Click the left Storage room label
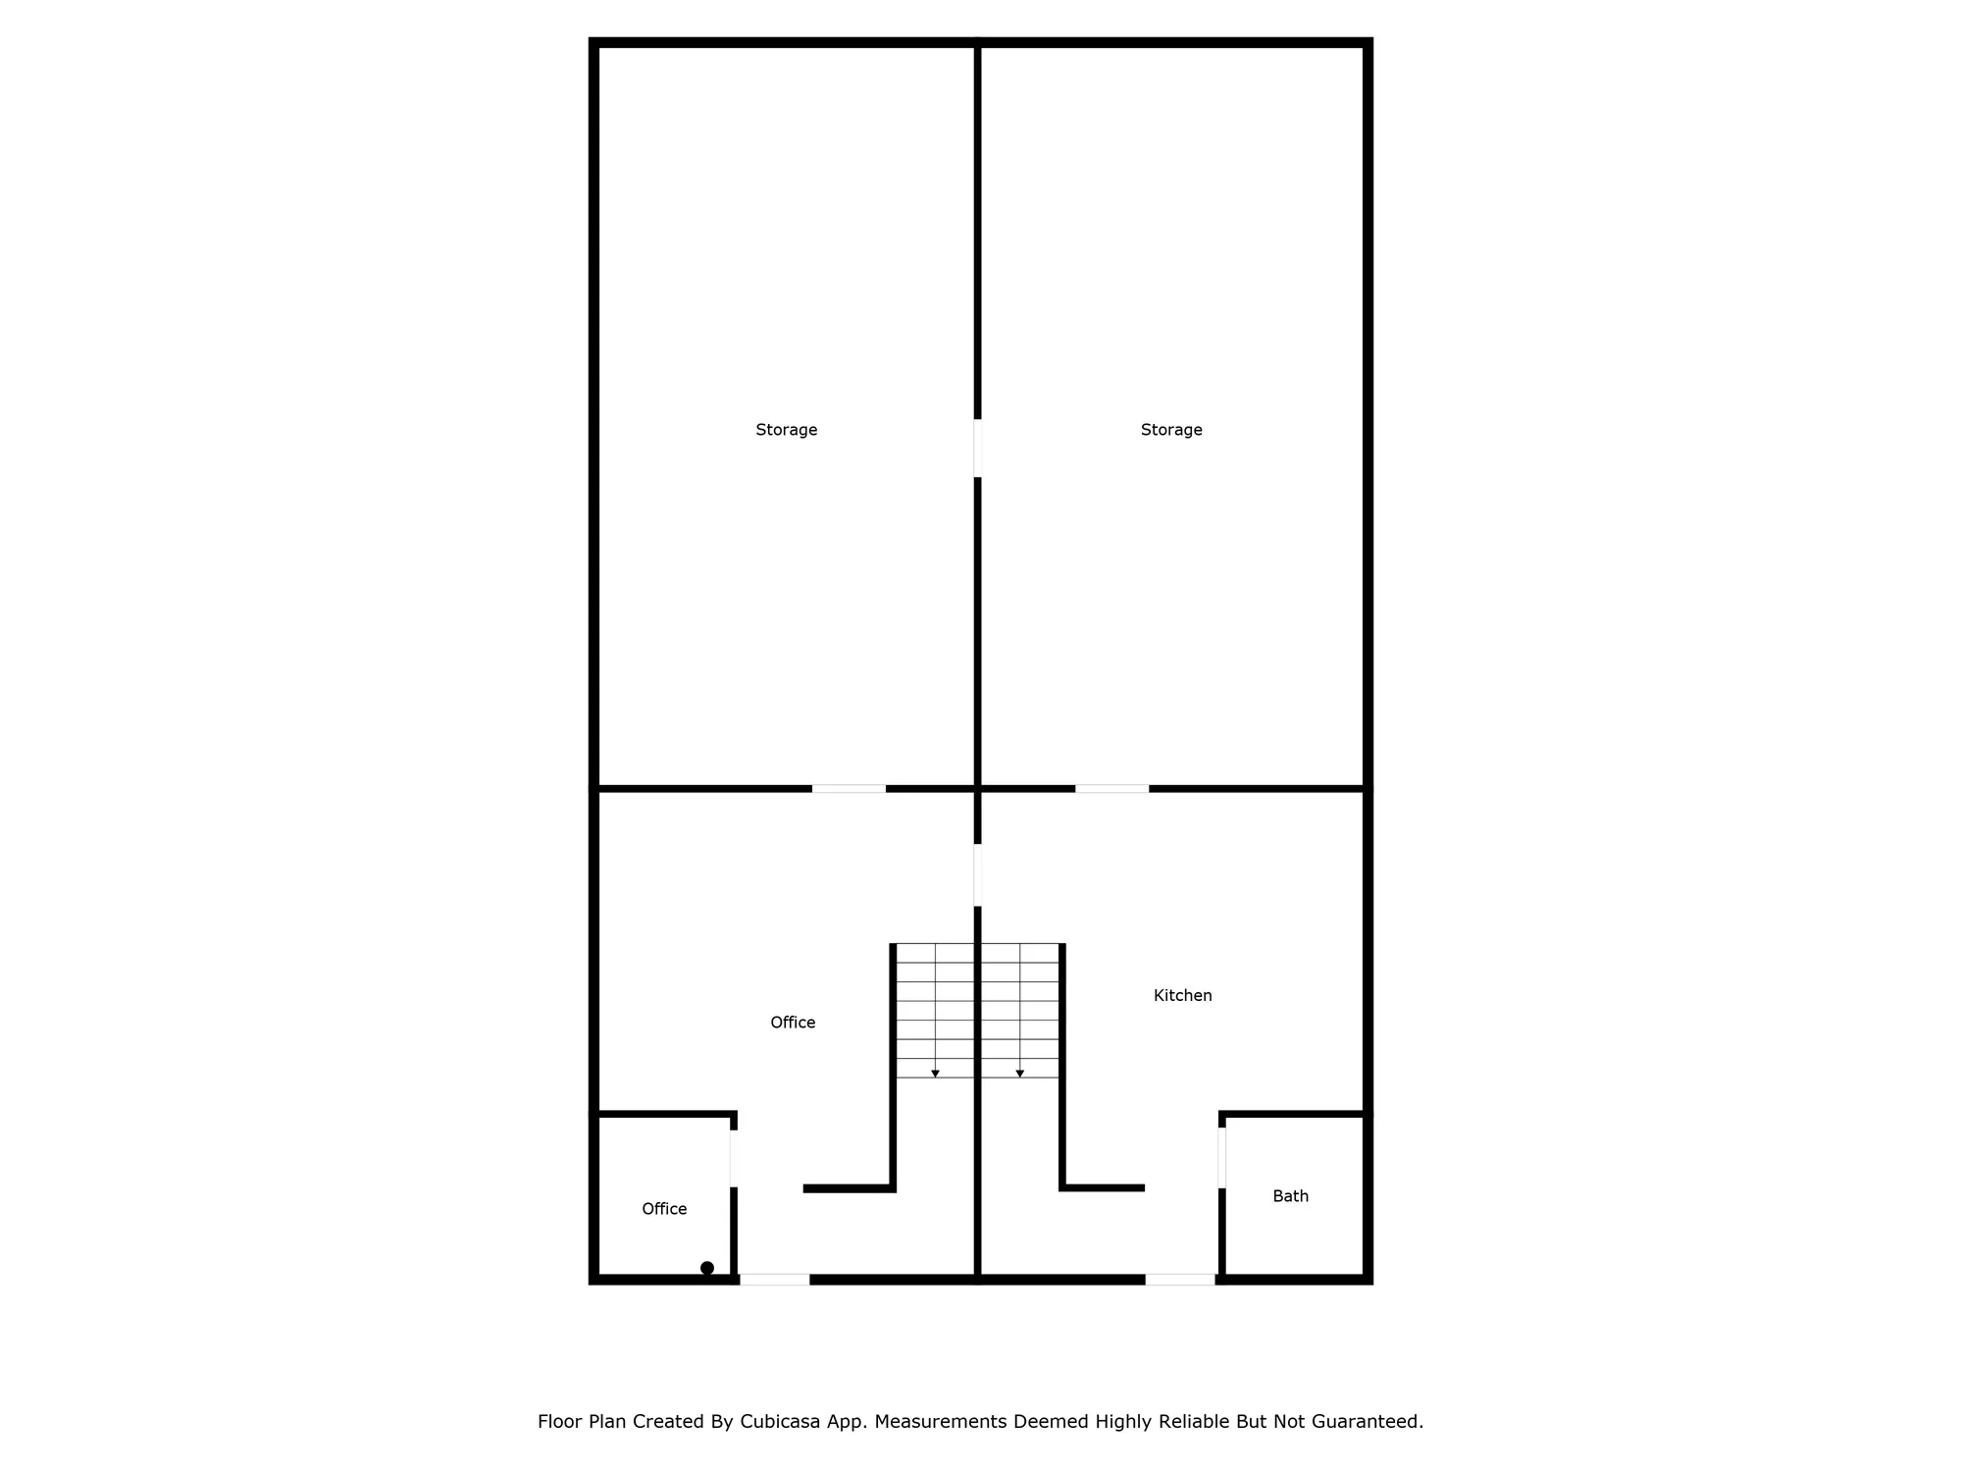point(786,430)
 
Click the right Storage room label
point(1171,430)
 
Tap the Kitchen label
point(1182,995)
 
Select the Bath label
point(1290,1196)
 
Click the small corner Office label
point(664,1209)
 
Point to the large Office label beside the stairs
point(793,1023)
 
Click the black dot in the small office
point(707,1268)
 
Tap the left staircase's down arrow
point(935,1074)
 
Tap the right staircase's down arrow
point(1020,1074)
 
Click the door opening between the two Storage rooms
point(977,447)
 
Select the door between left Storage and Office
point(849,788)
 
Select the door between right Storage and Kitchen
point(1111,788)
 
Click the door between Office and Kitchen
point(977,874)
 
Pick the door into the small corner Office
point(733,1158)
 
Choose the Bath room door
point(1221,1157)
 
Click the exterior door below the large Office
point(774,1279)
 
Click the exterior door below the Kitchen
point(1180,1279)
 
